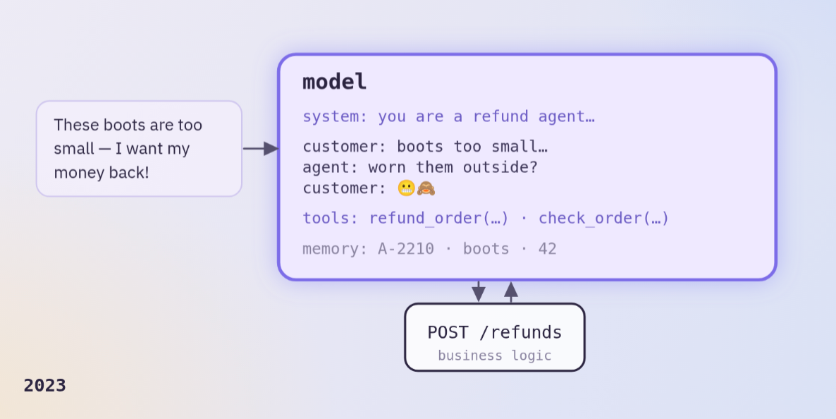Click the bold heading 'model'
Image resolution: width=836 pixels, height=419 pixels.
click(334, 83)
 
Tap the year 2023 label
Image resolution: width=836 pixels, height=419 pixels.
click(45, 385)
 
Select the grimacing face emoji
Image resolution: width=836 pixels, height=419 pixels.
click(406, 188)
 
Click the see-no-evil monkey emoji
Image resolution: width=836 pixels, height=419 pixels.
click(426, 188)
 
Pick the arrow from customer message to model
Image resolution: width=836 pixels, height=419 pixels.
click(261, 148)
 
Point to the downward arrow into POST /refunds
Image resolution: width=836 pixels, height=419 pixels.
click(478, 291)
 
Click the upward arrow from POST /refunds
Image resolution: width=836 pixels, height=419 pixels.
click(511, 292)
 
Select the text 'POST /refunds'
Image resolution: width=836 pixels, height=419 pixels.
click(495, 332)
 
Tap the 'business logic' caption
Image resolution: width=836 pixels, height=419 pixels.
click(495, 356)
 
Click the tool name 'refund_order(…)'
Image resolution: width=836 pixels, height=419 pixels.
click(438, 218)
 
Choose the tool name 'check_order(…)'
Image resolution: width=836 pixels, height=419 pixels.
click(603, 218)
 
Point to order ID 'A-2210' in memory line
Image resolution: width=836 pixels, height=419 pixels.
click(406, 249)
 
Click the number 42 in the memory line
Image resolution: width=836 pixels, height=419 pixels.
click(548, 249)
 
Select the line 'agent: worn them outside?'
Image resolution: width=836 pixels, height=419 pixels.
click(420, 168)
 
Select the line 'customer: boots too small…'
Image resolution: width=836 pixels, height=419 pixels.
click(425, 147)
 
